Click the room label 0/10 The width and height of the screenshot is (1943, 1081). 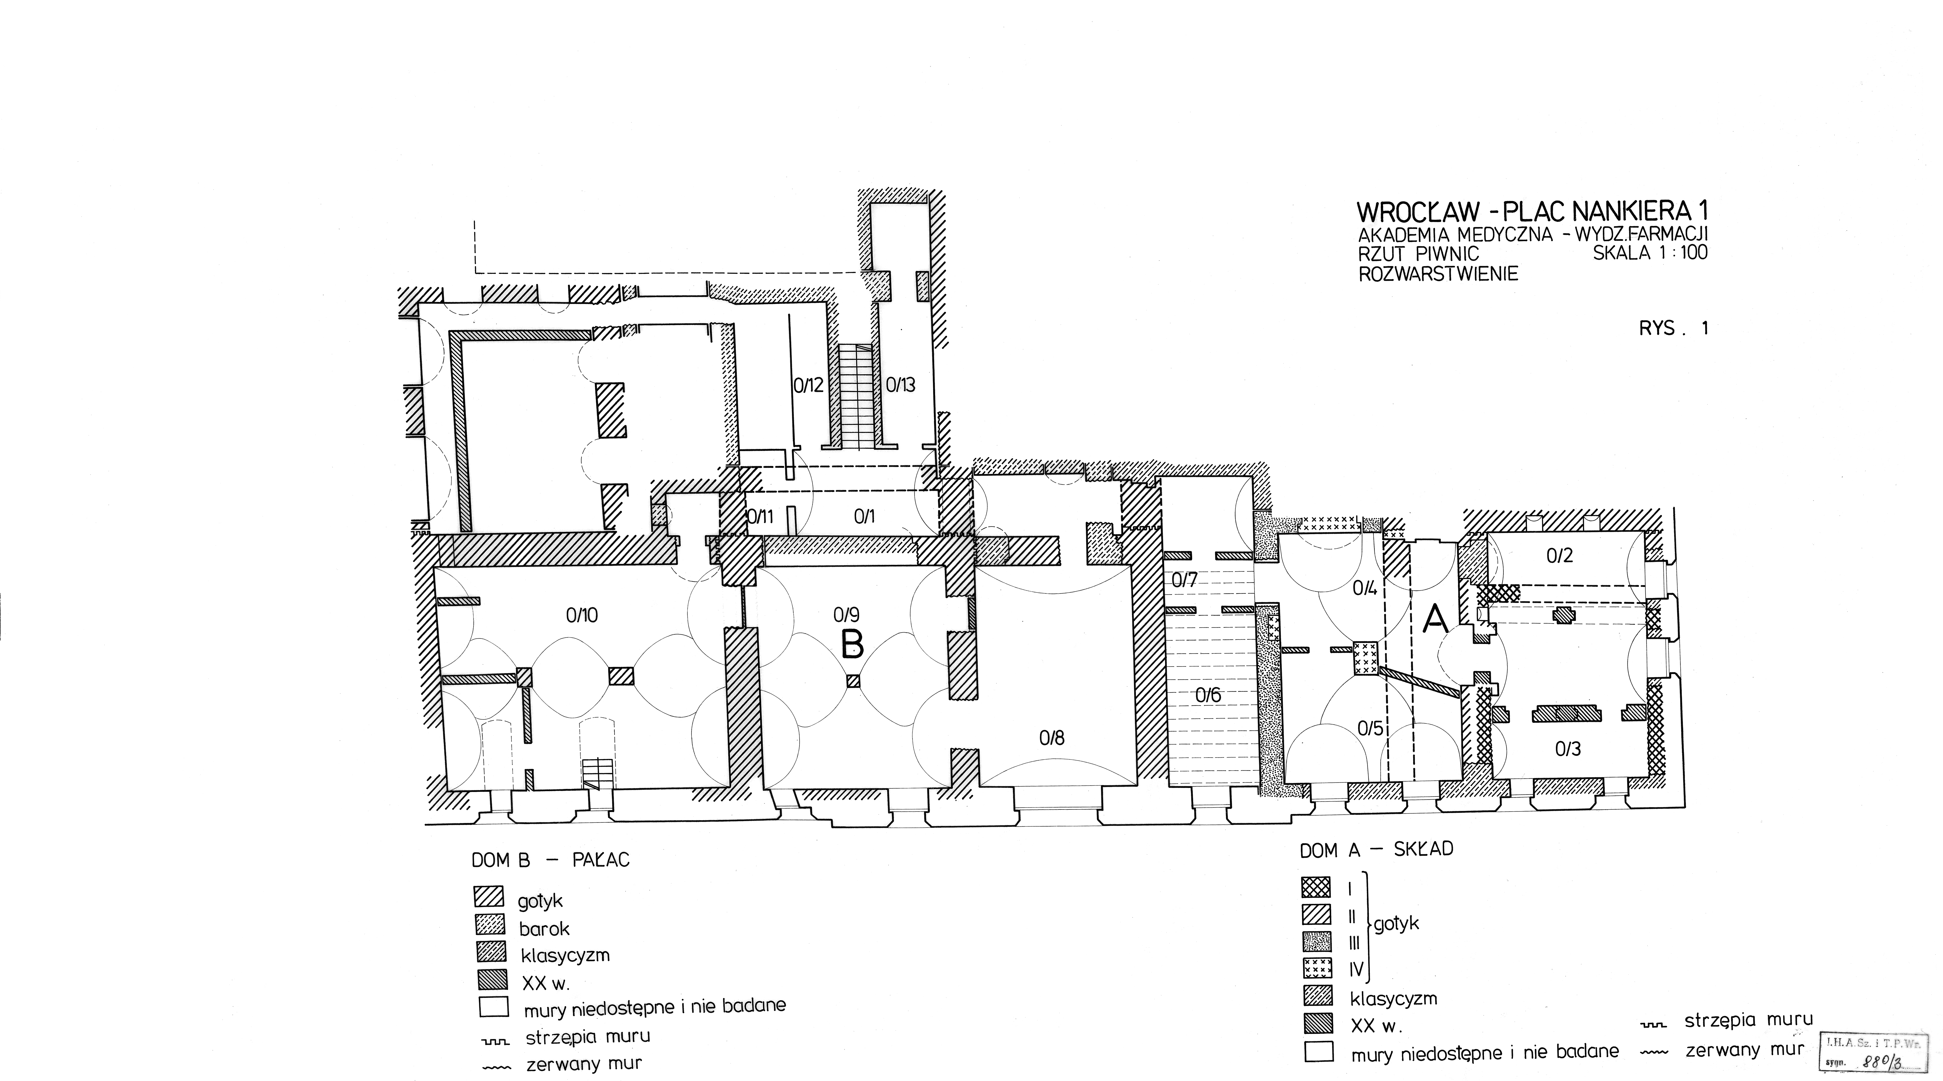[581, 616]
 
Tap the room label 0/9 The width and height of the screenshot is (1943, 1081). [846, 616]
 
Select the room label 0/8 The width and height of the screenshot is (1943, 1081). [1051, 738]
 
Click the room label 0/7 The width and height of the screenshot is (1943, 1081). [1185, 580]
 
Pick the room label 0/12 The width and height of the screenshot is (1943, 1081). [808, 385]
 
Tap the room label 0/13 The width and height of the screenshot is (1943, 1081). [901, 385]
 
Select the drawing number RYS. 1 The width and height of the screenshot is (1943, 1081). [1673, 329]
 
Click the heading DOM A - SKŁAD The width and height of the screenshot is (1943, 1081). [1376, 850]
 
